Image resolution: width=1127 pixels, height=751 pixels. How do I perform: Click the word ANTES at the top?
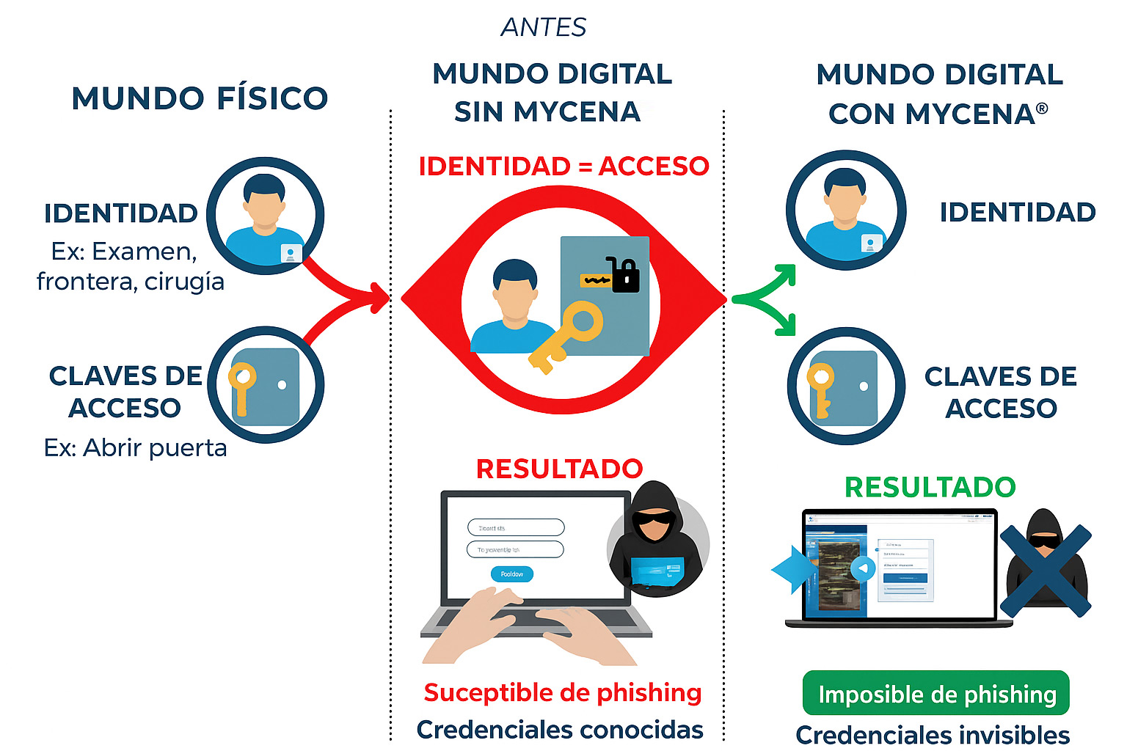click(x=544, y=27)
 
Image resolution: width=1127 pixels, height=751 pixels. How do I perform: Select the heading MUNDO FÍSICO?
click(x=200, y=98)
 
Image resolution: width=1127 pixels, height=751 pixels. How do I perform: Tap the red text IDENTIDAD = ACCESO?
click(x=563, y=166)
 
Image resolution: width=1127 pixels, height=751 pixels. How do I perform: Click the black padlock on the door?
click(x=624, y=276)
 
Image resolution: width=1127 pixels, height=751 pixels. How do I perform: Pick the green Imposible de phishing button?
click(x=936, y=693)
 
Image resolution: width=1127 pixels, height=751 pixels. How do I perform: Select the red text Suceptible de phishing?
click(x=563, y=692)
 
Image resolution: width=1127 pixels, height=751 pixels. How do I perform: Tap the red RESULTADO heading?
click(x=559, y=469)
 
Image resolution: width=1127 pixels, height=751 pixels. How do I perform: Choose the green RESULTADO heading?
click(x=930, y=487)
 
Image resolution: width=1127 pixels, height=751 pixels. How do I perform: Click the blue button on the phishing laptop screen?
click(x=511, y=574)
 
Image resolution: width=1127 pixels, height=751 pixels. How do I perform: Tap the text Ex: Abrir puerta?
click(x=135, y=447)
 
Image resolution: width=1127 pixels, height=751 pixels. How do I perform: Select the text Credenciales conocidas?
click(x=560, y=730)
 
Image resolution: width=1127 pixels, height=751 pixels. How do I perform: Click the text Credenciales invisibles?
click(x=933, y=734)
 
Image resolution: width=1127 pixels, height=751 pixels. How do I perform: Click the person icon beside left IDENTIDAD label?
click(x=265, y=216)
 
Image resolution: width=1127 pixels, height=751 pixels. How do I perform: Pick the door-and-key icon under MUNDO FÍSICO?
click(x=265, y=385)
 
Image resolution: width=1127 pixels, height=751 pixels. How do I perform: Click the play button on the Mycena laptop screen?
click(x=863, y=568)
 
